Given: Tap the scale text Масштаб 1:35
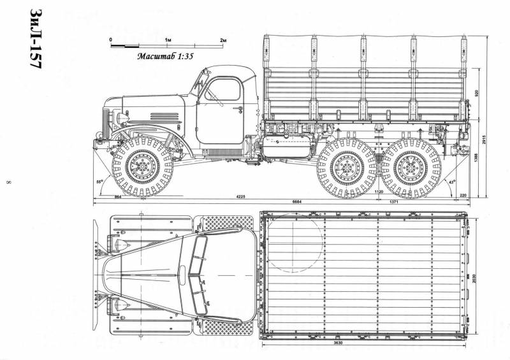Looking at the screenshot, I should [x=164, y=55].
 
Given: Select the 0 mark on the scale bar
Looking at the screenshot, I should [x=111, y=40].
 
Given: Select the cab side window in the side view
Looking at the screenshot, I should [x=221, y=90].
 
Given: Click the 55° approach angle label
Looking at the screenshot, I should [x=99, y=182].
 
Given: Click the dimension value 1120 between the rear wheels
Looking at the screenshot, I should [x=377, y=191].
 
